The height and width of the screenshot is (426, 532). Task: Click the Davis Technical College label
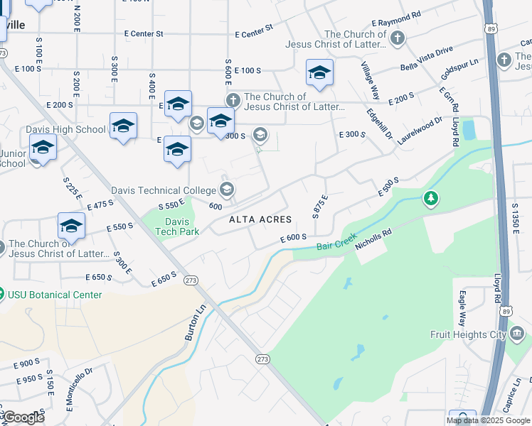(x=163, y=190)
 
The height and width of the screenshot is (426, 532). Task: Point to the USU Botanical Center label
(x=55, y=295)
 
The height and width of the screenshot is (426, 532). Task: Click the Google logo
(x=24, y=417)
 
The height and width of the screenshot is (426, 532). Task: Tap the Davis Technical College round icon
(x=226, y=190)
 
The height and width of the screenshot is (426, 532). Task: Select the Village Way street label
(x=371, y=82)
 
